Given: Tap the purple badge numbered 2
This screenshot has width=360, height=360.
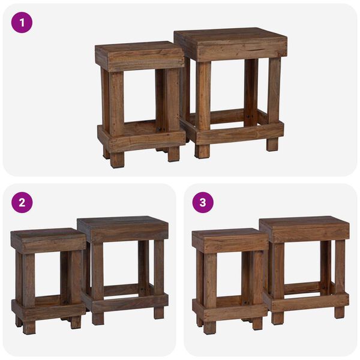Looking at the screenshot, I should (22, 202).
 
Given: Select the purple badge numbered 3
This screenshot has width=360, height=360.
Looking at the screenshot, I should (203, 202).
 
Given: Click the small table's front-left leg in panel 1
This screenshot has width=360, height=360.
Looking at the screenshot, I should (116, 114).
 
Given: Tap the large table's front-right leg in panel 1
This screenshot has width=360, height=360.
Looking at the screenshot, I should (273, 102).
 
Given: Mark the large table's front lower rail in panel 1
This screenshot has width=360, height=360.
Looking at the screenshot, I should (240, 132).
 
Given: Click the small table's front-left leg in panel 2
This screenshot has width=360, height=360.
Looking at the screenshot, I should (28, 288).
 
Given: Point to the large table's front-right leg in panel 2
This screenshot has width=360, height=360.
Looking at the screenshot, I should (158, 276).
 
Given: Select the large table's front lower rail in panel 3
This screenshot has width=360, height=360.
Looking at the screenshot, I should (309, 301).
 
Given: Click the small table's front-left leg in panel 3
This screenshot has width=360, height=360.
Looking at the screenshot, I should (209, 288).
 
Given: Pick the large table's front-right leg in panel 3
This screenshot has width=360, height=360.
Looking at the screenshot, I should (340, 276).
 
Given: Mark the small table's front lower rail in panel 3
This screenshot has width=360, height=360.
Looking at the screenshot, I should (230, 311).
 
